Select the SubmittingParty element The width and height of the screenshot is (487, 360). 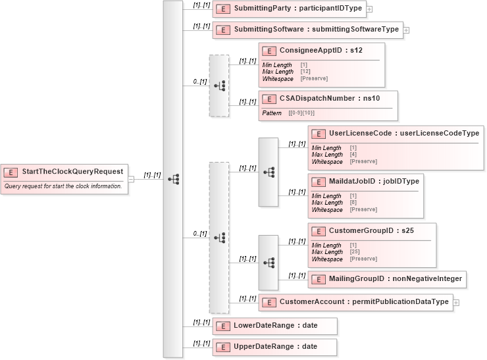pyautogui.click(x=289, y=9)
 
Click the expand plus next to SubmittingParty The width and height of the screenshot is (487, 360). pyautogui.click(x=369, y=9)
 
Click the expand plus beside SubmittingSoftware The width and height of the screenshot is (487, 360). pyautogui.click(x=406, y=30)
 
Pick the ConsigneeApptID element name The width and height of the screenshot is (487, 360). pyautogui.click(x=321, y=50)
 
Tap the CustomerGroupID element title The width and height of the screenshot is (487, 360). pyautogui.click(x=371, y=230)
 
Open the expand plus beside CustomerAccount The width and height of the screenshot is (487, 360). pyautogui.click(x=455, y=302)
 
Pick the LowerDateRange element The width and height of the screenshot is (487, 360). pyautogui.click(x=275, y=326)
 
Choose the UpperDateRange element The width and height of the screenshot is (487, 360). pyautogui.click(x=275, y=346)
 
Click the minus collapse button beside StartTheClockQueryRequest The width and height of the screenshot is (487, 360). pyautogui.click(x=131, y=178)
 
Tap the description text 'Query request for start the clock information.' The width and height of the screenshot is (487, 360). pyautogui.click(x=63, y=186)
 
